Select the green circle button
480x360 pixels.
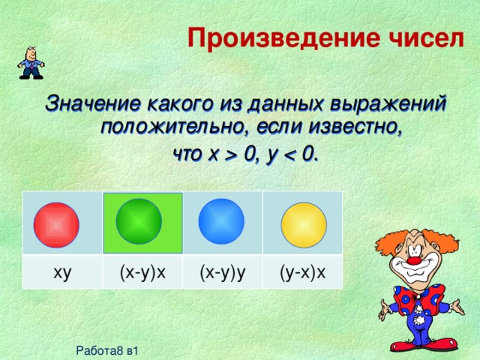[x=139, y=220]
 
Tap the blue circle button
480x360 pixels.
[x=221, y=220]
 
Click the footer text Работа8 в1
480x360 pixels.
[x=107, y=349]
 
